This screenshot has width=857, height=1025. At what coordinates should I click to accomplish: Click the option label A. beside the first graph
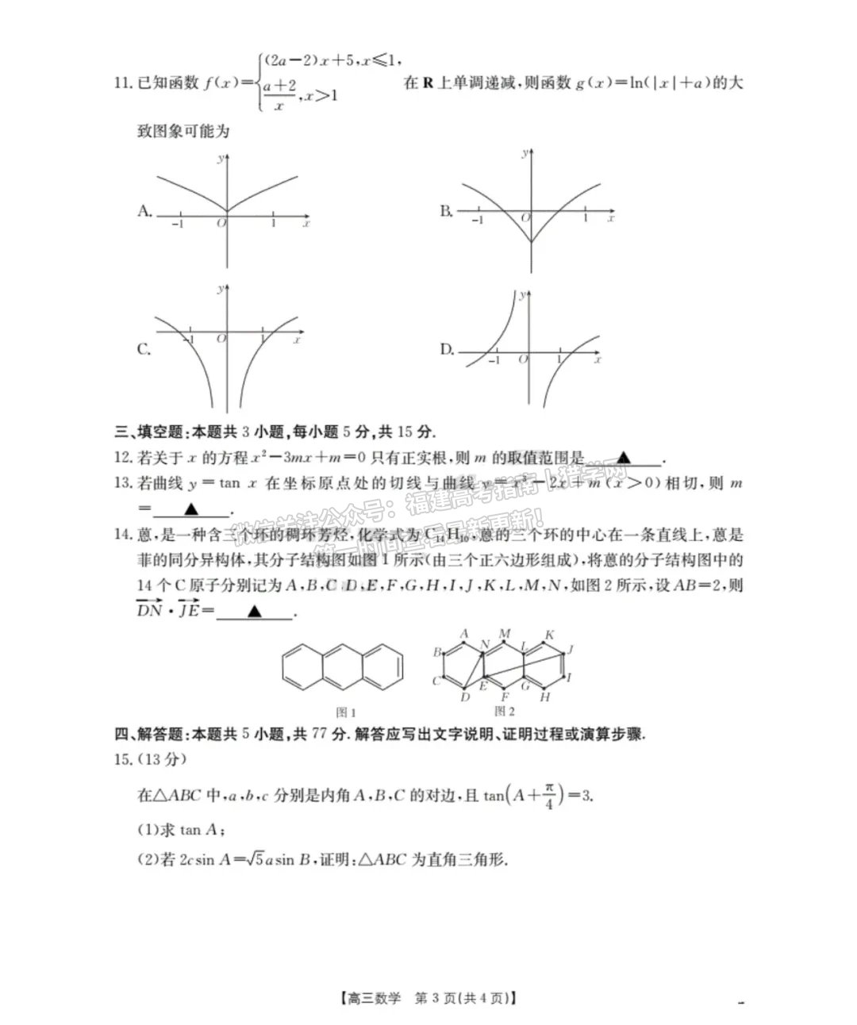coord(144,210)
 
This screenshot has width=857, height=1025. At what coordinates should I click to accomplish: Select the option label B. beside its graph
coord(447,210)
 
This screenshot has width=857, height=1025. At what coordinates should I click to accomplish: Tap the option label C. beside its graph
coord(144,349)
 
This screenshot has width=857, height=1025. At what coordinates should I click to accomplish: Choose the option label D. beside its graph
coord(447,349)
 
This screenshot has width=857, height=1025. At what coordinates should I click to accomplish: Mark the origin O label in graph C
coord(221,339)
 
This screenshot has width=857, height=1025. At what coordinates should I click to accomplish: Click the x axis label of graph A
coord(306,225)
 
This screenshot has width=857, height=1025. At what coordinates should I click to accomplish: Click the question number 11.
coord(122,83)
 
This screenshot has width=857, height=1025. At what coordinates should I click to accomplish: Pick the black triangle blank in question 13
coord(190,509)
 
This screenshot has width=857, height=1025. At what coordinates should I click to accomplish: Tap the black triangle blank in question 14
coord(254,612)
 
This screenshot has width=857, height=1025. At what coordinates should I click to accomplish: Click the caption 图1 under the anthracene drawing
coord(346,712)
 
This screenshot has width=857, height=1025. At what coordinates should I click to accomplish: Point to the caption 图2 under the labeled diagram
coord(505,711)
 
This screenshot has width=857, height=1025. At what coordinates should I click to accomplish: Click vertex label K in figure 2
coord(549,635)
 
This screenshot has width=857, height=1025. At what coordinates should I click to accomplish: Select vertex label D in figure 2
coord(465,697)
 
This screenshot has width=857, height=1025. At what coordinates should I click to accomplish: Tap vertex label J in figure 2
coord(570,650)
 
